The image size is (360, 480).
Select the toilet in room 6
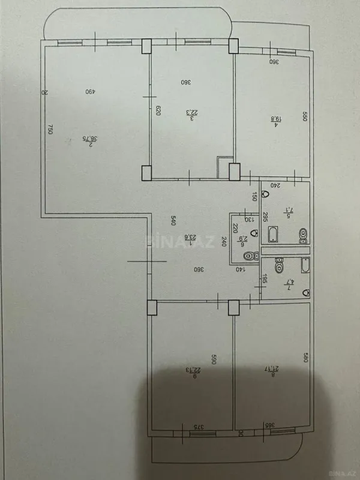pos(248,256)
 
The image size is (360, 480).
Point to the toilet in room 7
pos(278,264)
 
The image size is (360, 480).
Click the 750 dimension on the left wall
pos(52,131)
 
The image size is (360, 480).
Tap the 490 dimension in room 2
pos(89,92)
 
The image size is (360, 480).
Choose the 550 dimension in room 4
pos(304,118)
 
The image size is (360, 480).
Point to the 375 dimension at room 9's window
pos(196,427)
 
